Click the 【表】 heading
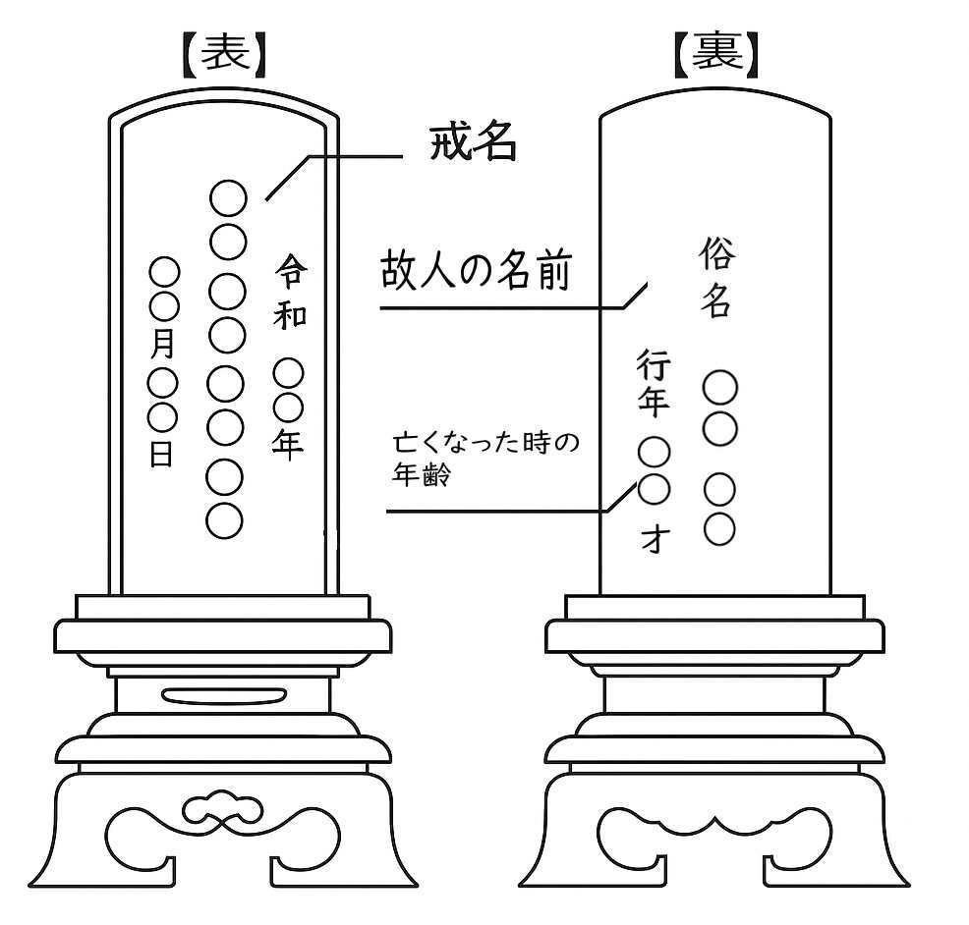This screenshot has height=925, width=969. [x=225, y=57]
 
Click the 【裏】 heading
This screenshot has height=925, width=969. [x=716, y=57]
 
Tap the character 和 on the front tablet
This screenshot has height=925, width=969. [x=290, y=314]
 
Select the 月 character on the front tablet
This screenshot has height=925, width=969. [x=163, y=344]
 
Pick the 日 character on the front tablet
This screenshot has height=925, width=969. [x=162, y=454]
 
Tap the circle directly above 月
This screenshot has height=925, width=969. [x=163, y=306]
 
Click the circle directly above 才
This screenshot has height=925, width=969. [x=655, y=488]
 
